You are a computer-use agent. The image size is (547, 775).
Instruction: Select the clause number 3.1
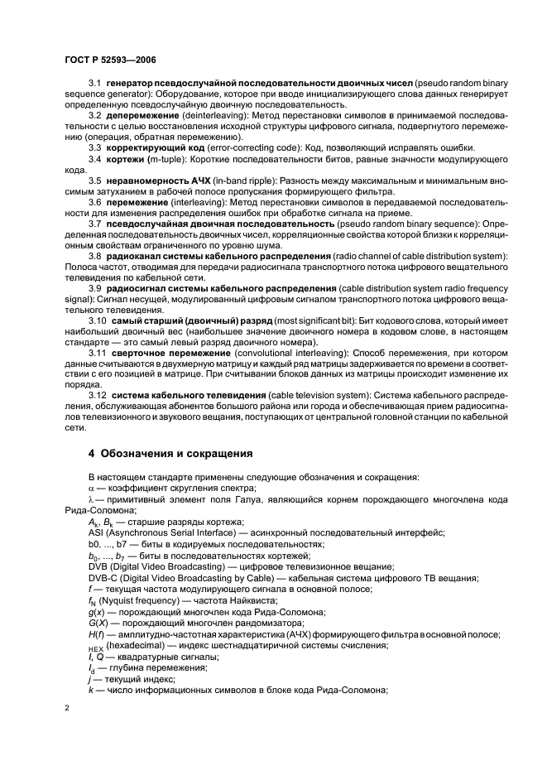coord(94,86)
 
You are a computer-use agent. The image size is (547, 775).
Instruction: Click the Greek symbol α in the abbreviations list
coord(91,489)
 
